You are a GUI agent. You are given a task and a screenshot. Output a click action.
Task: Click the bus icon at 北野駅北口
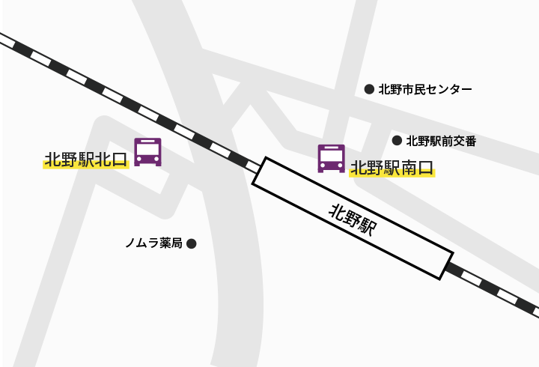[147, 151]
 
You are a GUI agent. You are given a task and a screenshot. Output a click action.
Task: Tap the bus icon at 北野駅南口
[331, 158]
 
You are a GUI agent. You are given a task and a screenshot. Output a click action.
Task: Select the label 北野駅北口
[86, 160]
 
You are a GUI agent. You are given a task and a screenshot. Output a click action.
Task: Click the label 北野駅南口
[392, 167]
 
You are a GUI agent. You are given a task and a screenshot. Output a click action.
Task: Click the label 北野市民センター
[425, 89]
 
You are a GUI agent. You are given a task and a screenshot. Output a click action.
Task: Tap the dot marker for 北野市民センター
[369, 89]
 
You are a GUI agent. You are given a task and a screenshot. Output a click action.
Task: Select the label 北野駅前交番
[441, 140]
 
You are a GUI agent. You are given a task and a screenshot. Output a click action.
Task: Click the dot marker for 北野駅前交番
[397, 140]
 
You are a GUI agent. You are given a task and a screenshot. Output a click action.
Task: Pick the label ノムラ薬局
[154, 243]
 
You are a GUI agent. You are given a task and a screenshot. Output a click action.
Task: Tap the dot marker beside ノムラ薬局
[191, 243]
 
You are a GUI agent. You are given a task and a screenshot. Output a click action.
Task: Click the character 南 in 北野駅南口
[409, 167]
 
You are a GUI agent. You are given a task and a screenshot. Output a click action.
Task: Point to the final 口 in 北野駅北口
[121, 160]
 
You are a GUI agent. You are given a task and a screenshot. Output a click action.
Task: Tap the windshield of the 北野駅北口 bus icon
[147, 148]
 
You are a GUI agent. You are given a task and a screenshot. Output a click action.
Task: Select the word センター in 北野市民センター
[448, 89]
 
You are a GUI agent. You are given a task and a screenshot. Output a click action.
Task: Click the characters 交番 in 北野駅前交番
[464, 140]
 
